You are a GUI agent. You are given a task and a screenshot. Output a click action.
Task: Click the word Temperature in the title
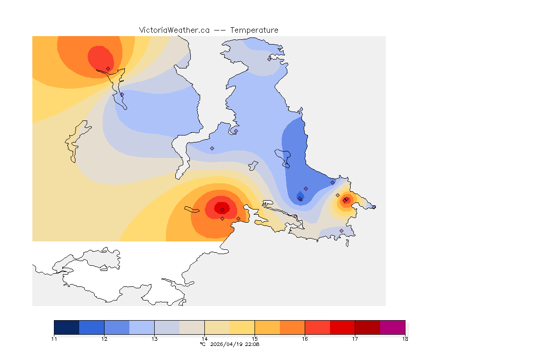pyautogui.click(x=254, y=30)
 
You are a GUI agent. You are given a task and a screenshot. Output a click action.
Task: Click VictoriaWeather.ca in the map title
pyautogui.click(x=174, y=30)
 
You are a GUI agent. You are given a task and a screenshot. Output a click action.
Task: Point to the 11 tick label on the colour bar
pyautogui.click(x=54, y=338)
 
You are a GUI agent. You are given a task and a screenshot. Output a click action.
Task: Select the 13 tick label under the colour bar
pyautogui.click(x=154, y=338)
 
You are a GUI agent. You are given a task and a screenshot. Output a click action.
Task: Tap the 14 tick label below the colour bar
pyautogui.click(x=204, y=338)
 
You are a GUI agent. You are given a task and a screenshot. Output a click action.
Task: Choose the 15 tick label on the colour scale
pyautogui.click(x=255, y=338)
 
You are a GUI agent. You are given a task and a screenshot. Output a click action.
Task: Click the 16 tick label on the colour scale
pyautogui.click(x=305, y=338)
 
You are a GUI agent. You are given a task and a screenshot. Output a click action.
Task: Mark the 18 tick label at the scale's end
pyautogui.click(x=405, y=338)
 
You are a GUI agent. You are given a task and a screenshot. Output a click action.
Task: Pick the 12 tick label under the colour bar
pyautogui.click(x=104, y=338)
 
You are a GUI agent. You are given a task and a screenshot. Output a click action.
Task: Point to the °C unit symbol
pyautogui.click(x=202, y=344)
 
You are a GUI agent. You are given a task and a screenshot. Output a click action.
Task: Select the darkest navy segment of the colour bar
pyautogui.click(x=67, y=327)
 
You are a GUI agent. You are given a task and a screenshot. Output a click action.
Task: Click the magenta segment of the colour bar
pyautogui.click(x=392, y=327)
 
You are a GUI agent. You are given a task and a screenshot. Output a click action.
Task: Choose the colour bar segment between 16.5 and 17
pyautogui.click(x=342, y=327)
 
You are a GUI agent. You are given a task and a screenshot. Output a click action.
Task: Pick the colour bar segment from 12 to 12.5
pyautogui.click(x=117, y=327)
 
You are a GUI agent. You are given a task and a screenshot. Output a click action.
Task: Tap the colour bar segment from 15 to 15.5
pyautogui.click(x=267, y=327)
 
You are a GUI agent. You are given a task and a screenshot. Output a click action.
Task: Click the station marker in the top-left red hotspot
pyautogui.click(x=108, y=68)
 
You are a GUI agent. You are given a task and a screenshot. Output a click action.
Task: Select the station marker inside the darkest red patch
pyautogui.click(x=222, y=210)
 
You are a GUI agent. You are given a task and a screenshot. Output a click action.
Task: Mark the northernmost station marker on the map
pyautogui.click(x=269, y=59)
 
